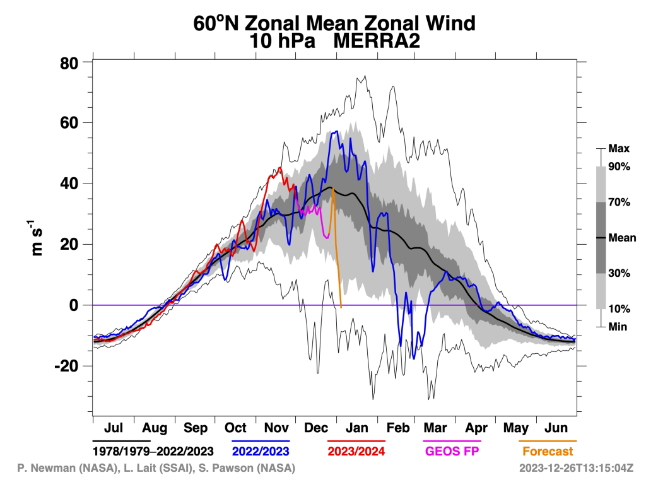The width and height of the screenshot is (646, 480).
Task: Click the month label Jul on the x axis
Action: pos(113,428)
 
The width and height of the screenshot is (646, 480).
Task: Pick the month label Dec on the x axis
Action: pos(316,428)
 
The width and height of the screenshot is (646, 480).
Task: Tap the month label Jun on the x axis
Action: pos(556,428)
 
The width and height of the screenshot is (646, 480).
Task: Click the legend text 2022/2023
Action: pos(261,451)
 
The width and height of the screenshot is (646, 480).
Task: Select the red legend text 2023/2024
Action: pos(356,451)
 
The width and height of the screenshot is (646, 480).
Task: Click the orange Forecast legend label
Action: pos(548,451)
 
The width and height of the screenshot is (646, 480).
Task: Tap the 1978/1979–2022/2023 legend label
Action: pos(153,451)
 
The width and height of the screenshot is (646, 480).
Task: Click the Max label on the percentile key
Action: pos(618,149)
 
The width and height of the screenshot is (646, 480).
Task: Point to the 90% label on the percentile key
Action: pos(619,167)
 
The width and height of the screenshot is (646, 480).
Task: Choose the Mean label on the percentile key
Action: pos(622,238)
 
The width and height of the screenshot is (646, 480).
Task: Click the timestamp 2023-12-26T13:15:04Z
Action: pos(575,469)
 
